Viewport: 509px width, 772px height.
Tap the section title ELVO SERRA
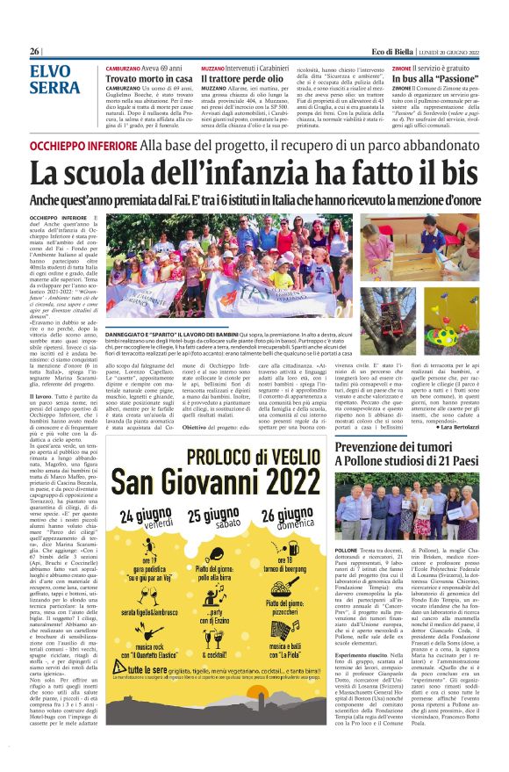pos(54,78)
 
